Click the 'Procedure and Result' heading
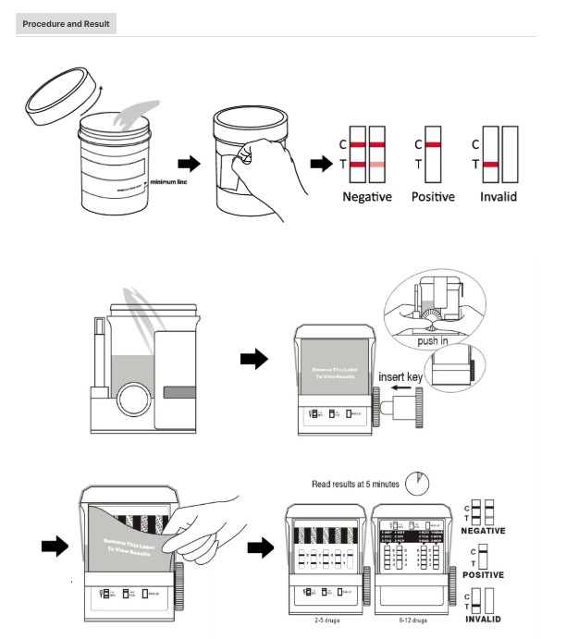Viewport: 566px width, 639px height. [x=66, y=22]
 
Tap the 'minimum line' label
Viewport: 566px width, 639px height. [x=168, y=181]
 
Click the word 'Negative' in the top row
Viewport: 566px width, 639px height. [x=367, y=197]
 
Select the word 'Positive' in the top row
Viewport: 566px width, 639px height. [x=434, y=197]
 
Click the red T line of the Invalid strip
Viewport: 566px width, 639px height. [x=490, y=165]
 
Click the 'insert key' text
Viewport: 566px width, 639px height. [x=399, y=377]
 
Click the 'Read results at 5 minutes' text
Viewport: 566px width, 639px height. [x=354, y=484]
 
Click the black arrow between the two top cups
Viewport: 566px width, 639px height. [x=188, y=163]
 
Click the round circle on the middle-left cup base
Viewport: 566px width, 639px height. [x=131, y=404]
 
